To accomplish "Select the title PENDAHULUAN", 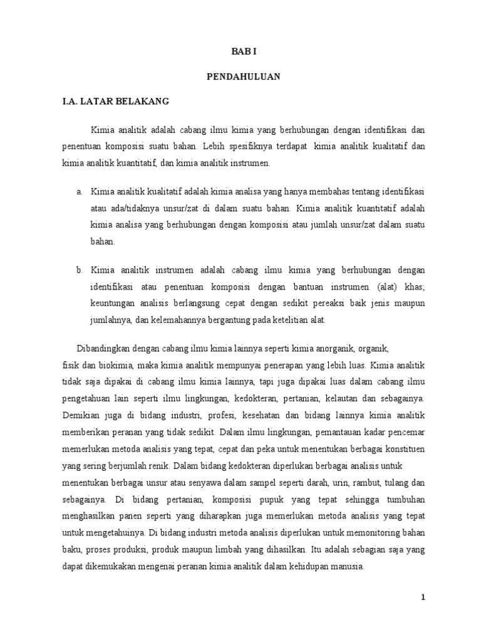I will (x=244, y=76).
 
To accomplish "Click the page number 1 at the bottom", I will (x=423, y=597).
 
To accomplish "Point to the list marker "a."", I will (x=80, y=191).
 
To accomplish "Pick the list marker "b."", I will (x=80, y=270).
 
